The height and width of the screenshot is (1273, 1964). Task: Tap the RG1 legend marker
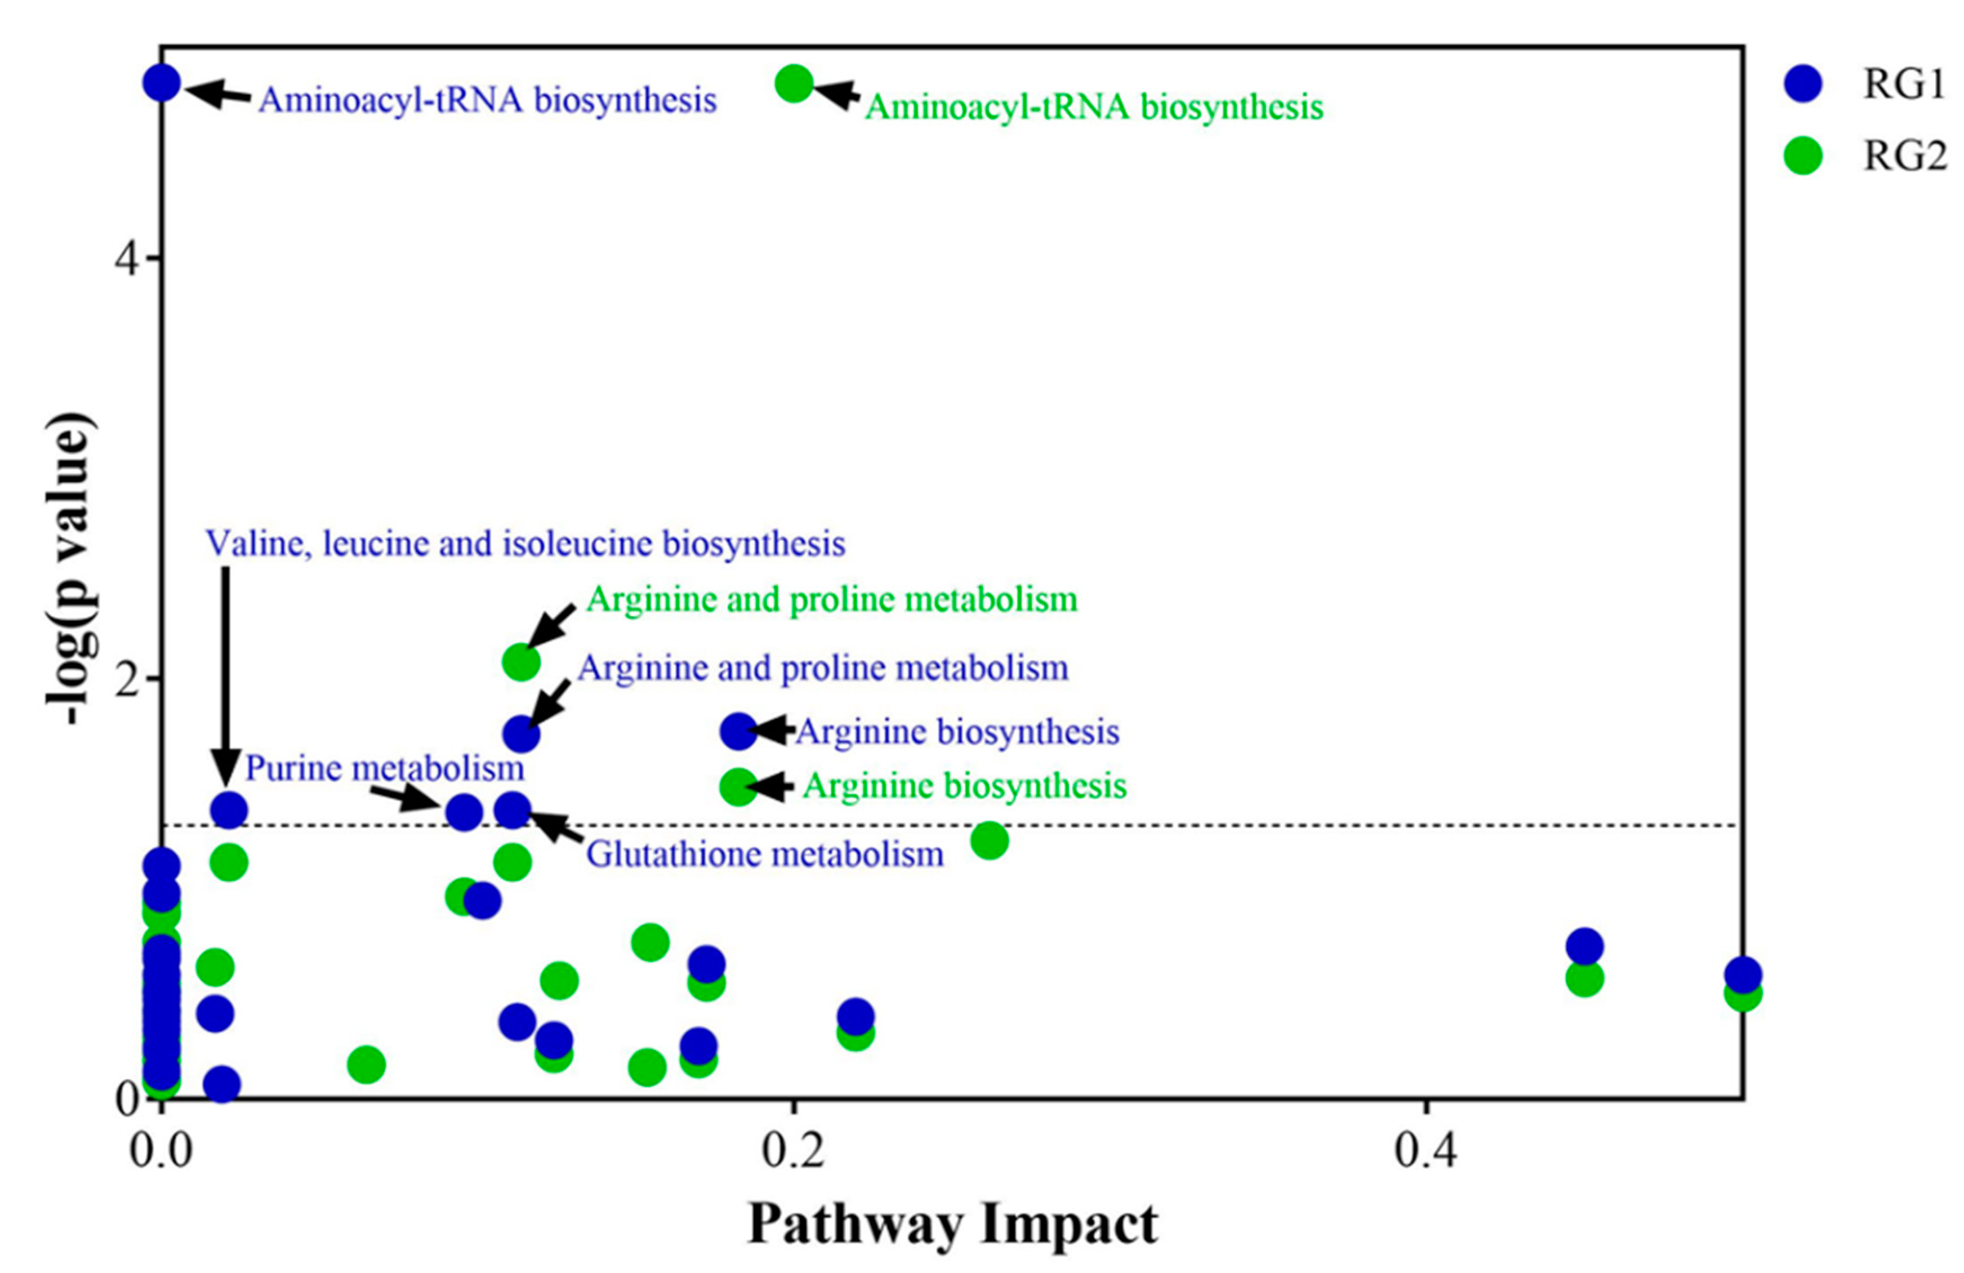pyautogui.click(x=1803, y=84)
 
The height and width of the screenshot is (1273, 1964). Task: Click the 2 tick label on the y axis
pyautogui.click(x=126, y=679)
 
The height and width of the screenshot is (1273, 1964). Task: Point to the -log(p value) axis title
pyautogui.click(x=71, y=569)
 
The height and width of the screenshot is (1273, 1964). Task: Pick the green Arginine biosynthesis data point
pyautogui.click(x=738, y=786)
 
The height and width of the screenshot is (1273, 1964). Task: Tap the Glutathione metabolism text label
pyautogui.click(x=765, y=854)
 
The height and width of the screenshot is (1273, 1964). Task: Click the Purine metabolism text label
pyautogui.click(x=385, y=769)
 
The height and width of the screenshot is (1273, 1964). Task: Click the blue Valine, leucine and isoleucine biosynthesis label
pyautogui.click(x=525, y=544)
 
